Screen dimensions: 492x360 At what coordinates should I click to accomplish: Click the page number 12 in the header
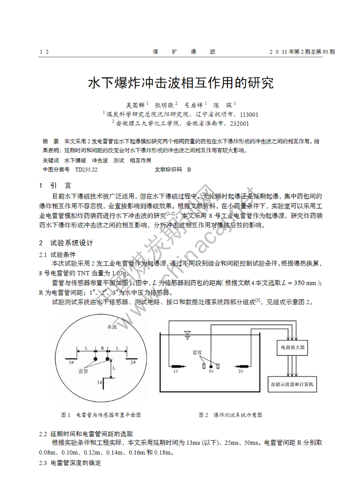[x=44, y=52]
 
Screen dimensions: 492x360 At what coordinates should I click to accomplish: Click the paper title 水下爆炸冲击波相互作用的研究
[x=180, y=83]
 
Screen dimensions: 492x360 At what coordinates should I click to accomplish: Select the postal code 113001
[x=249, y=114]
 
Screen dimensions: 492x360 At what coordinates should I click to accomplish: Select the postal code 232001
[x=239, y=123]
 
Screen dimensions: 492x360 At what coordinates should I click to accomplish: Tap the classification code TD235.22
[x=86, y=169]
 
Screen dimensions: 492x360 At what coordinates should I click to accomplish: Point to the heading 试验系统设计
[x=71, y=243]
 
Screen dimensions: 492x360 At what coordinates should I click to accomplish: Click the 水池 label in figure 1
[x=112, y=327]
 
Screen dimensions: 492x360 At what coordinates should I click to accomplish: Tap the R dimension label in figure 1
[x=102, y=348]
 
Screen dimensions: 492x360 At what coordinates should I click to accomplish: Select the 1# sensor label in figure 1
[x=71, y=362]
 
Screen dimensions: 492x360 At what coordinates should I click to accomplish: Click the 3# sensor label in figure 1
[x=99, y=383]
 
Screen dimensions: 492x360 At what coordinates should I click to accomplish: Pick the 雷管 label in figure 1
[x=83, y=371]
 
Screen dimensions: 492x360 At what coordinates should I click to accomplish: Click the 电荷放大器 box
[x=293, y=347]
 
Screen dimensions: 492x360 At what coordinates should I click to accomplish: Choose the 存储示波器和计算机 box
[x=292, y=384]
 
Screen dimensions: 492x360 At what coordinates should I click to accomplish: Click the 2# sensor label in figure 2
[x=241, y=372]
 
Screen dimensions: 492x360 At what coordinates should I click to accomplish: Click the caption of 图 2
[x=230, y=415]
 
